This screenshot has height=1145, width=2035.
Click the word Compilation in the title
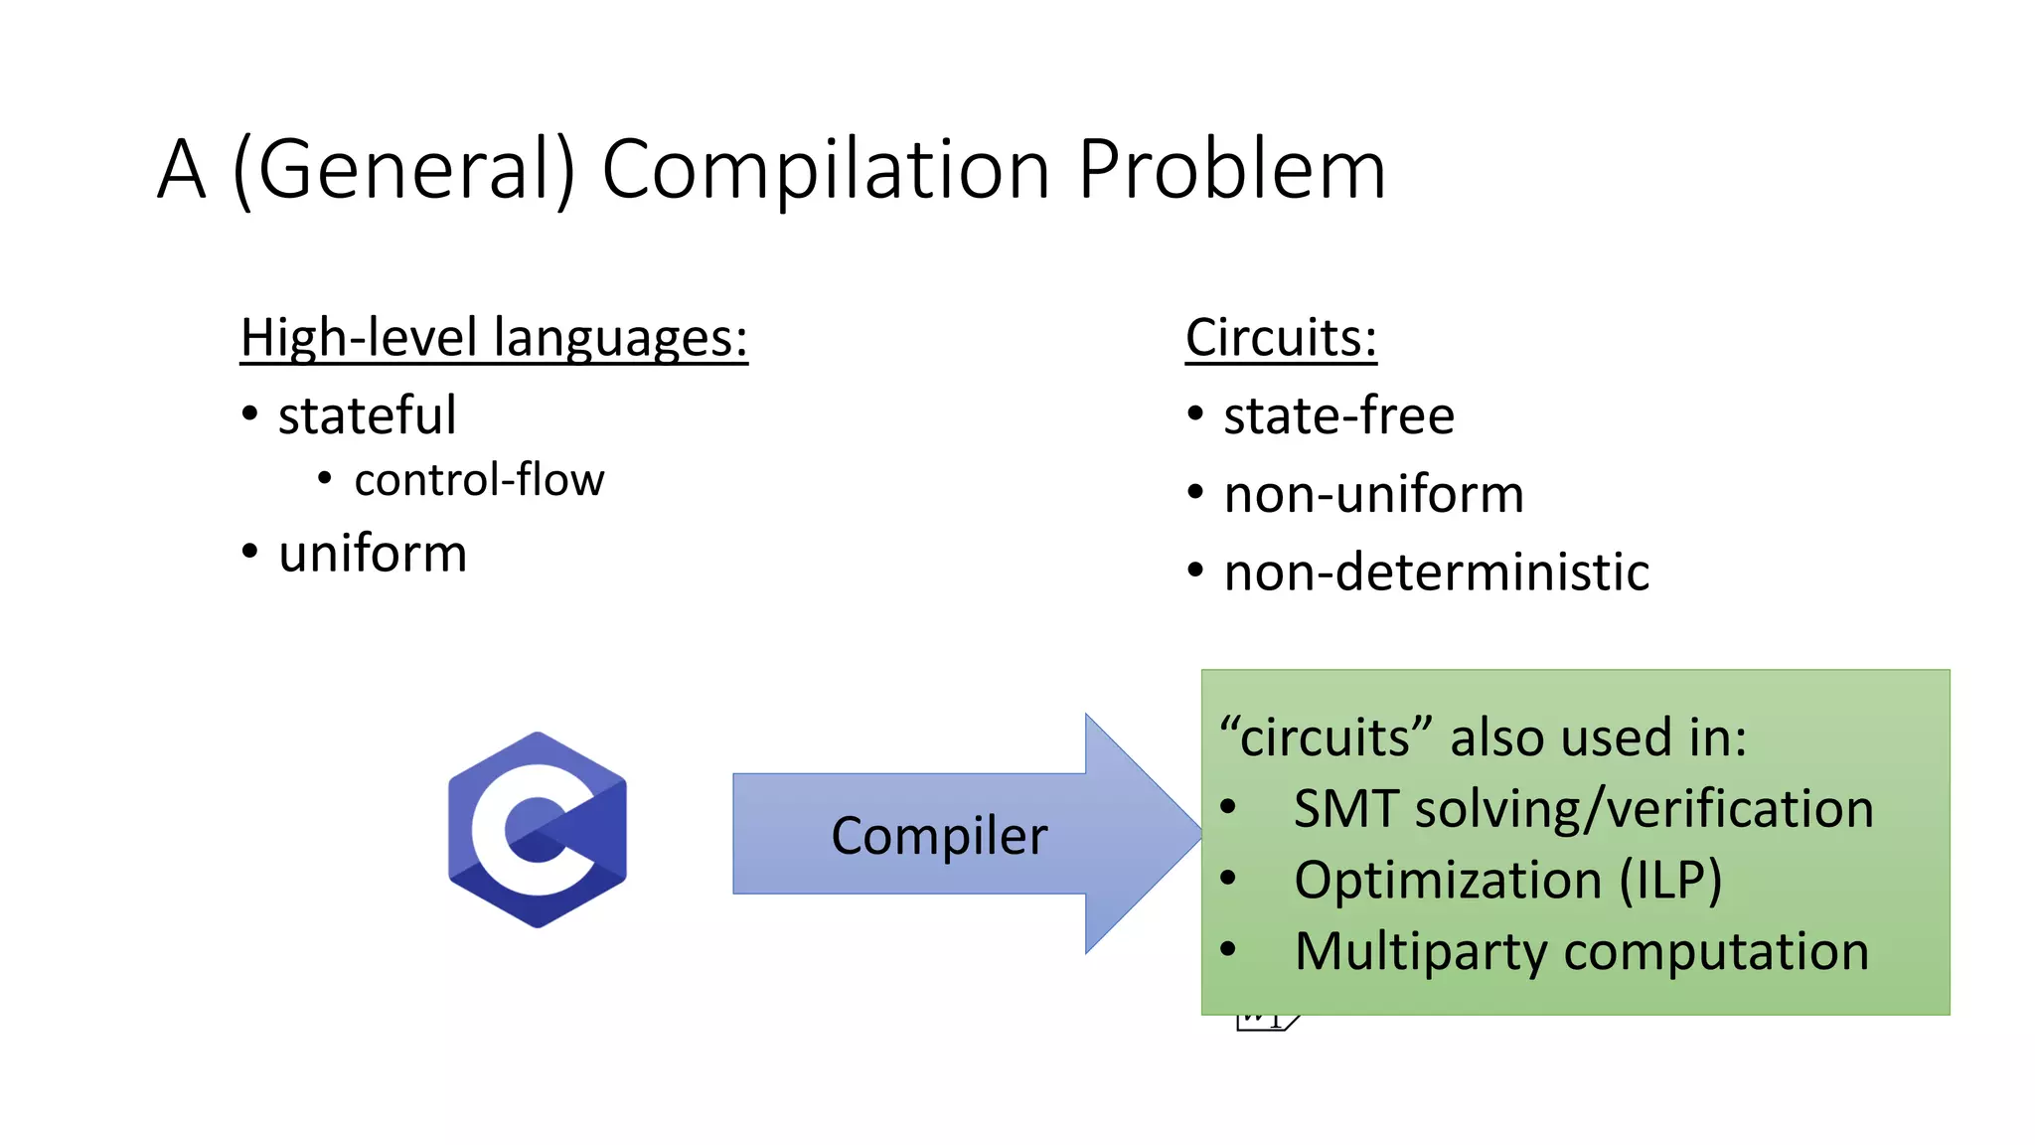pyautogui.click(x=826, y=171)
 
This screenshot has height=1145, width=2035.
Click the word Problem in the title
pyautogui.click(x=1231, y=171)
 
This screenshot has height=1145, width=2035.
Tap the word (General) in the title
pyautogui.click(x=402, y=171)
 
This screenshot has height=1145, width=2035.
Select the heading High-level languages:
pyautogui.click(x=494, y=338)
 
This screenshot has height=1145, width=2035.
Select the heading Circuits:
pyautogui.click(x=1281, y=338)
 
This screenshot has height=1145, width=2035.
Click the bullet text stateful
pyautogui.click(x=367, y=415)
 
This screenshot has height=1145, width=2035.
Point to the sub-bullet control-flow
pyautogui.click(x=479, y=480)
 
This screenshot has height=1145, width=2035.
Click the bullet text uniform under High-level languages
pyautogui.click(x=373, y=554)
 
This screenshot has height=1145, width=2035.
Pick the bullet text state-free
pyautogui.click(x=1338, y=415)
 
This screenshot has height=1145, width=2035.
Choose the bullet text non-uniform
pyautogui.click(x=1373, y=494)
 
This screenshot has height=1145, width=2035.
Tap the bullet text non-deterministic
pyautogui.click(x=1436, y=572)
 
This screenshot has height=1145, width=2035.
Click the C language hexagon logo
pyautogui.click(x=538, y=830)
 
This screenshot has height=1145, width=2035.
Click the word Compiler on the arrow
pyautogui.click(x=939, y=835)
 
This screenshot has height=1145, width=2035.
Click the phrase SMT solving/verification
pyautogui.click(x=1583, y=809)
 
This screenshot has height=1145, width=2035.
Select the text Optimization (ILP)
pyautogui.click(x=1507, y=881)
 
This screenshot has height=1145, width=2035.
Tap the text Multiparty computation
pyautogui.click(x=1582, y=952)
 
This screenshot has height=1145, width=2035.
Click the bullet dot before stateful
pyautogui.click(x=250, y=413)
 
